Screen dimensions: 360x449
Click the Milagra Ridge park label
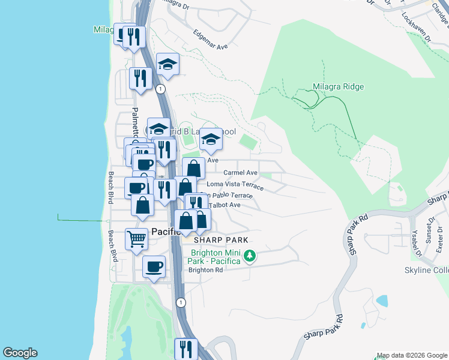(338, 86)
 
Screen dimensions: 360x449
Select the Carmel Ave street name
(240, 173)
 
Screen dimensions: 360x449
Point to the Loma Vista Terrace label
(235, 185)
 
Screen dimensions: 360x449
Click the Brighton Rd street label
(205, 270)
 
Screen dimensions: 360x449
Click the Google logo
(20, 353)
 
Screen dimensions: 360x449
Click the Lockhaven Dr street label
(418, 27)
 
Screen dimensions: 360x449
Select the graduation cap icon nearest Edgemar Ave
(168, 64)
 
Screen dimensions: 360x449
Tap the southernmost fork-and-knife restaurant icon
(186, 349)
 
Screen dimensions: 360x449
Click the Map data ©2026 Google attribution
(412, 355)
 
